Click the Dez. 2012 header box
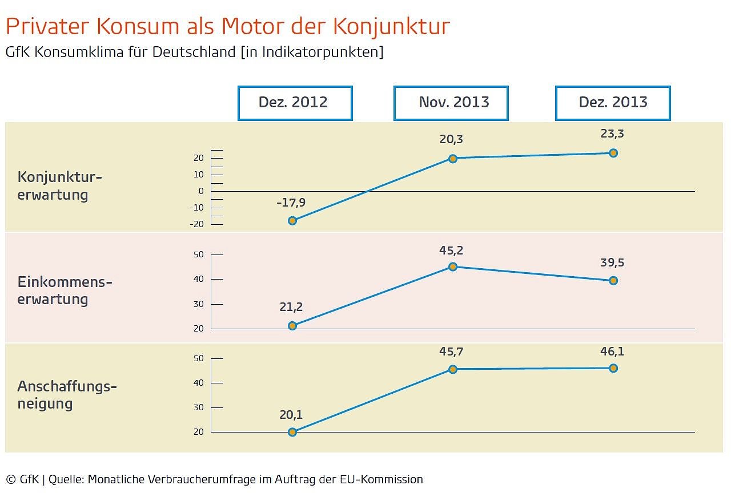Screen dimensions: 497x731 [x=295, y=103]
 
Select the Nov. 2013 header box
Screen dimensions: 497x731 [x=451, y=103]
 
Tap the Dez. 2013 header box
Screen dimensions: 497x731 [x=613, y=103]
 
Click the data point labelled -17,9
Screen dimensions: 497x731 [x=292, y=220]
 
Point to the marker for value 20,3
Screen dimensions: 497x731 [x=453, y=159]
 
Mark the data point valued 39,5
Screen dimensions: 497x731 [x=613, y=281]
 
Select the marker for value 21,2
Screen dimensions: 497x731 [x=292, y=326]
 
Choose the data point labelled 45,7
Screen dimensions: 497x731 [x=453, y=369]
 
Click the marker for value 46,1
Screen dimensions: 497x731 [x=613, y=368]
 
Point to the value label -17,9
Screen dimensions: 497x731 [x=291, y=203]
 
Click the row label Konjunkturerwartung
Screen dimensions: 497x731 [x=59, y=185]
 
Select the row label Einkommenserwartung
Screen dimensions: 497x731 [x=65, y=290]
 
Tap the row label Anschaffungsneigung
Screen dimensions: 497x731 [x=67, y=395]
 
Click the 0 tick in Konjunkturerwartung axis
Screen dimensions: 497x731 [x=201, y=191]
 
